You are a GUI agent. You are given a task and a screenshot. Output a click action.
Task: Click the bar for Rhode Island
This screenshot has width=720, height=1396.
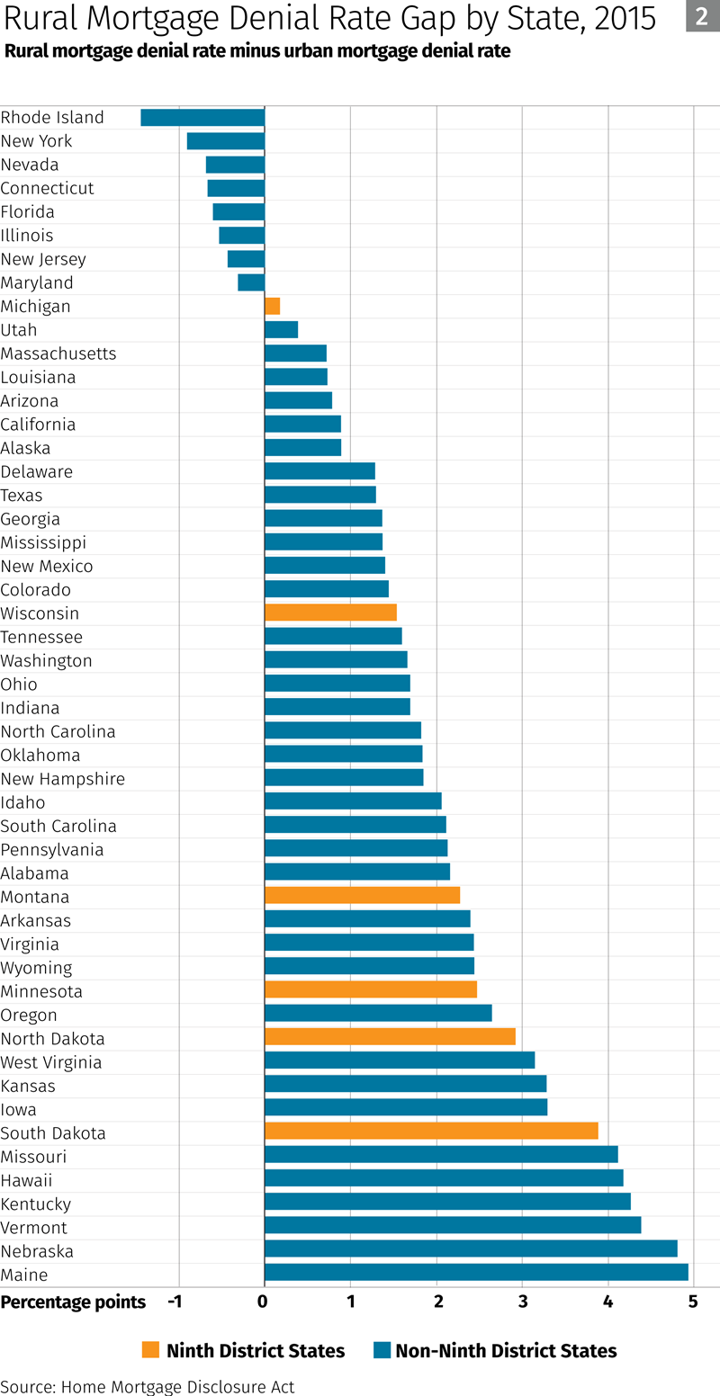point(202,117)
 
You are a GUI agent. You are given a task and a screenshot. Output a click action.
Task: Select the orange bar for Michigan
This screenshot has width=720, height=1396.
point(272,306)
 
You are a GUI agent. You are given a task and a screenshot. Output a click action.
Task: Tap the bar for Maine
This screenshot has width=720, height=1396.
point(476,1272)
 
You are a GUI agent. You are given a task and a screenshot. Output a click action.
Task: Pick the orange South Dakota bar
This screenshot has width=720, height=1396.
point(431,1131)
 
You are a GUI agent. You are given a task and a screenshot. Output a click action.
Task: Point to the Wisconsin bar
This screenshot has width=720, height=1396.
point(330,613)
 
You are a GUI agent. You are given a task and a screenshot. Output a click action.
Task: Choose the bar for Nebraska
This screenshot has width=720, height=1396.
point(471,1248)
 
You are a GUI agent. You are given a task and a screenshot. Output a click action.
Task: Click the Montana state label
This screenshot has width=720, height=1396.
point(35,897)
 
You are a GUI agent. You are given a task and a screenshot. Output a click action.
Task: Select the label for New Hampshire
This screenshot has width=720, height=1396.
point(63,779)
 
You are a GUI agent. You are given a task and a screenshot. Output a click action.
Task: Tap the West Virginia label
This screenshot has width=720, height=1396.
point(51,1062)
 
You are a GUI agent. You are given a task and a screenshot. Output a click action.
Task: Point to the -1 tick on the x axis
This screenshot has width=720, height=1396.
point(176,1302)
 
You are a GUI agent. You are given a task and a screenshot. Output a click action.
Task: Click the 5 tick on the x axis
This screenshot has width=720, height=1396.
point(693,1302)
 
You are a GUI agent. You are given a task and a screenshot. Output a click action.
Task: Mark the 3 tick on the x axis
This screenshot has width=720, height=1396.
point(522,1302)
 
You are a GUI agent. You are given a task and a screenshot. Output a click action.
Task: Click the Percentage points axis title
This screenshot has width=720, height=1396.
point(73,1302)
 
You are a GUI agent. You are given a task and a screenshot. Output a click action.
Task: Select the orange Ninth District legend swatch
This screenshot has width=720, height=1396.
point(150,1350)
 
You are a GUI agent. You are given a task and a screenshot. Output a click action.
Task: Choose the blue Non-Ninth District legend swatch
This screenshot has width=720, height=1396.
point(381,1350)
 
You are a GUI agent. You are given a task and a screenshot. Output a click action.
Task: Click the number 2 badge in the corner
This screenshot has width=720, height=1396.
point(702,16)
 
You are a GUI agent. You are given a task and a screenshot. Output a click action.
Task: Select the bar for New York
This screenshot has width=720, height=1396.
point(225,140)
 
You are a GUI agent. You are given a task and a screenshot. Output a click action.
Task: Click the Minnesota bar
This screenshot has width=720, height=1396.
point(370,989)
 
